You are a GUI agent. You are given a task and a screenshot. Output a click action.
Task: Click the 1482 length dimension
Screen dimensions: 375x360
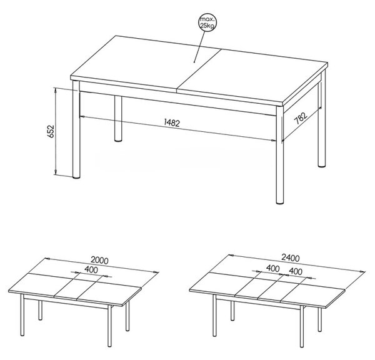(x=172, y=122)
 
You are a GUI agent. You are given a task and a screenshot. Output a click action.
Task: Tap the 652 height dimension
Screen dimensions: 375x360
(x=51, y=131)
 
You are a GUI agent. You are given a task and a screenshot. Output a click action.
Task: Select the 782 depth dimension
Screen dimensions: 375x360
(x=301, y=118)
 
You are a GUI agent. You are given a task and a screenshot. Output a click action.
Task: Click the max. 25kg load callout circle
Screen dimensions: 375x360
(x=207, y=22)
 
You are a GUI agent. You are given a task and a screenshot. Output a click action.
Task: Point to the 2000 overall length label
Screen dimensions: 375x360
(x=99, y=260)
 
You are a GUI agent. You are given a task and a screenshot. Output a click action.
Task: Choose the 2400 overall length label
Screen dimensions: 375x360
(x=291, y=258)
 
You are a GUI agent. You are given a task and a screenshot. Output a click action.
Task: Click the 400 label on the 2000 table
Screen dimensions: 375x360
(x=91, y=270)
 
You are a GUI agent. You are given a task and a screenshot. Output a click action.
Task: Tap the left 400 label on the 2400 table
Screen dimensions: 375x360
(x=273, y=269)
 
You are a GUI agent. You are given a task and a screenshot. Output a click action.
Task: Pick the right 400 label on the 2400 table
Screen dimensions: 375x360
(x=296, y=271)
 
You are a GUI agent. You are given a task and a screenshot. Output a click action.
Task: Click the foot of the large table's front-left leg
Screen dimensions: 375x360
(x=76, y=177)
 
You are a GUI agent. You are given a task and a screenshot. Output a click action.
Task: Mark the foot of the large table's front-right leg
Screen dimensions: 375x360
(x=279, y=202)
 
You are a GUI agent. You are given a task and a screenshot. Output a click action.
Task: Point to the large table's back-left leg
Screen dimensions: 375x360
(x=118, y=119)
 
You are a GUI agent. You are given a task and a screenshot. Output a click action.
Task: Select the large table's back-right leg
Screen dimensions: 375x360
(x=322, y=124)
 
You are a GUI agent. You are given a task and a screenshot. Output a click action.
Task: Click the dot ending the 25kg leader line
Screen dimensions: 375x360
(x=194, y=62)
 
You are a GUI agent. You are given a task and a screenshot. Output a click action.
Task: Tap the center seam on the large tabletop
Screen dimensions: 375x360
(x=199, y=71)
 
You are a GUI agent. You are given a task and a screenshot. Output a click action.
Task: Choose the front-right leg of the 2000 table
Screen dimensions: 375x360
(x=109, y=326)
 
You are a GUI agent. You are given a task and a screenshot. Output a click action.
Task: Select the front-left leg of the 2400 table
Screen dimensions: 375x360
(x=214, y=316)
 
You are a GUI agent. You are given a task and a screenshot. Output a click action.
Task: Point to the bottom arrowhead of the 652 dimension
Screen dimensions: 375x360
(x=56, y=172)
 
